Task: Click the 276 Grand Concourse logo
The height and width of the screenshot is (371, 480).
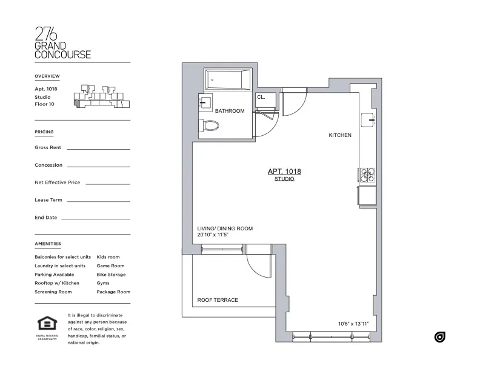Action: tap(63, 42)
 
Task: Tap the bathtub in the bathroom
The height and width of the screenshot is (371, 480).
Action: tap(228, 79)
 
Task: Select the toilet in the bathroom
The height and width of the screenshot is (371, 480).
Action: tap(210, 126)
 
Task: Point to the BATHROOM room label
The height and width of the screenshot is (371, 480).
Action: tap(230, 111)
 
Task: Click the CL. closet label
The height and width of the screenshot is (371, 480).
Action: tap(261, 97)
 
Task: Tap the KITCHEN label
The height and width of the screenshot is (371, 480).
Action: tap(340, 135)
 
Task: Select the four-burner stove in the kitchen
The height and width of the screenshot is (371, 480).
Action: tap(367, 175)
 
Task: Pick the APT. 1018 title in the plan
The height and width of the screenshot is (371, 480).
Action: tap(284, 172)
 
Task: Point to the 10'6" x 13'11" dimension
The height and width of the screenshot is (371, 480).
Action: tap(353, 324)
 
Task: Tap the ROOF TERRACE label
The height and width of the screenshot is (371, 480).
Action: tap(218, 300)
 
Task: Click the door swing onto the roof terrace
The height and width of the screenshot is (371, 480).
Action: tap(258, 262)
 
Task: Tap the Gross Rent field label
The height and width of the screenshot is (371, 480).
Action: tap(48, 147)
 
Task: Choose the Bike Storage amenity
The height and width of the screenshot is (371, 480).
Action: tap(111, 275)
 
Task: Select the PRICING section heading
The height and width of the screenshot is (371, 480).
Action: tap(44, 132)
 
